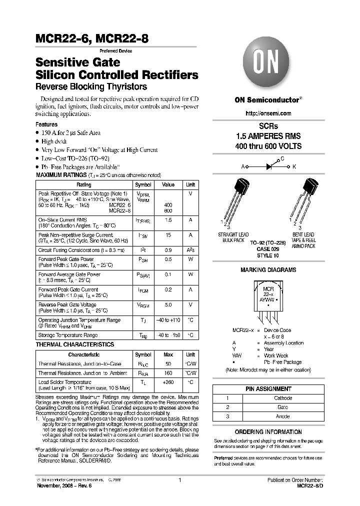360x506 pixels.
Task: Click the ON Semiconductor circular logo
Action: coord(268,64)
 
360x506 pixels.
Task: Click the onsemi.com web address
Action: coord(268,113)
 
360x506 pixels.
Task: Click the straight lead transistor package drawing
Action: coord(235,200)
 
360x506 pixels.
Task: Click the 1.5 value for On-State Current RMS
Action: coord(168,219)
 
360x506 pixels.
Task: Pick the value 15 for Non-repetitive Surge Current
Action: coord(168,234)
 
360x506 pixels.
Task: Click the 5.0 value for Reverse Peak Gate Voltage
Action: coord(168,304)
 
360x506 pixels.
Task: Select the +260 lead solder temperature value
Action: coord(168,382)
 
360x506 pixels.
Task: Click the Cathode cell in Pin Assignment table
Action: coord(283,398)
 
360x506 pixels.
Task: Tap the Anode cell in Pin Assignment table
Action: coord(283,416)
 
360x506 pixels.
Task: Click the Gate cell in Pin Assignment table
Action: coord(283,407)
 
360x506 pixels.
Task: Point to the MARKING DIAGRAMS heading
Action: coord(268,270)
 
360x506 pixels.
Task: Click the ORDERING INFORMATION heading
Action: coord(268,431)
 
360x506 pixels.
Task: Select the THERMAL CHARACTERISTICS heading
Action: coord(74,344)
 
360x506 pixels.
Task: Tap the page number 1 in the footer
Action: coord(179,480)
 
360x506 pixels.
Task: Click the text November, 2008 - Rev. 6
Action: coord(64,485)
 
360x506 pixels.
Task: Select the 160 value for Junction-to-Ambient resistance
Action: coord(168,373)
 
